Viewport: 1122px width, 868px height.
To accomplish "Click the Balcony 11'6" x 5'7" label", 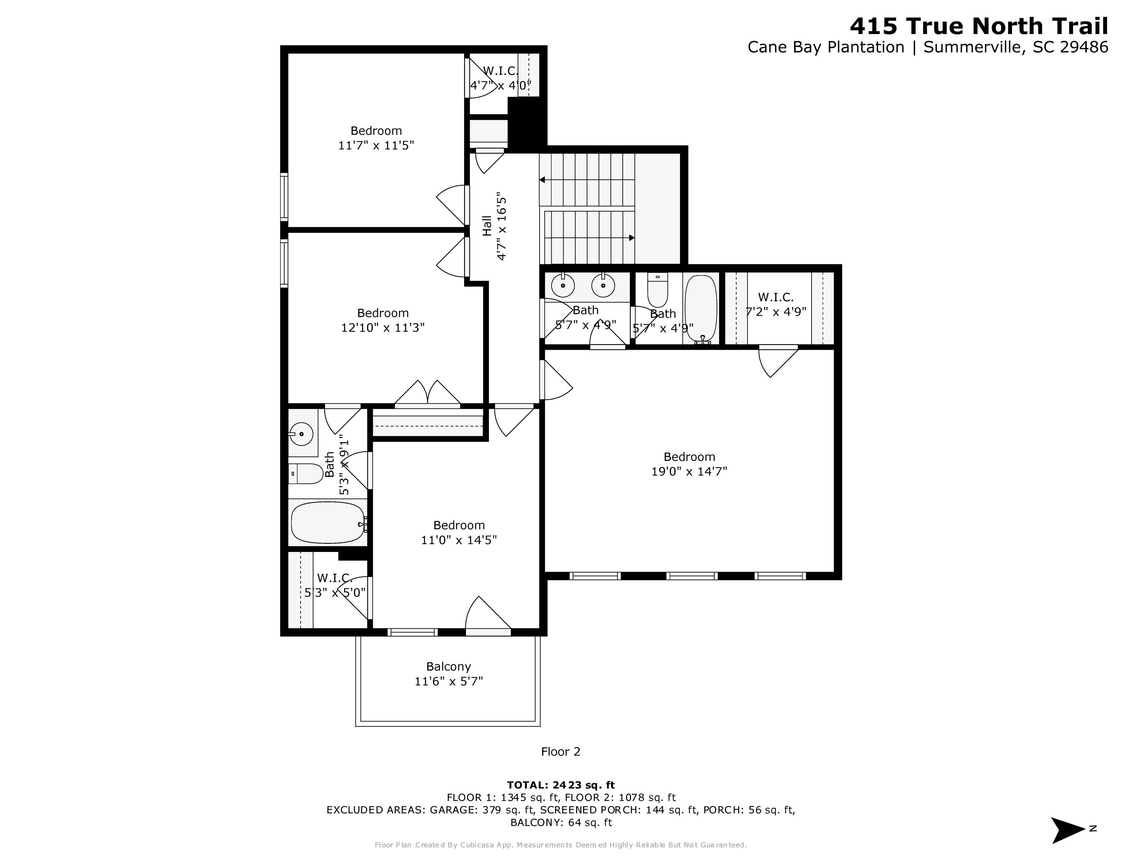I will (x=448, y=674).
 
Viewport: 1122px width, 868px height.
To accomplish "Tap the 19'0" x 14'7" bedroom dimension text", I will (x=689, y=471).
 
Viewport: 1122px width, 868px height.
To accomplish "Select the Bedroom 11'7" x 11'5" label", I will (x=376, y=138).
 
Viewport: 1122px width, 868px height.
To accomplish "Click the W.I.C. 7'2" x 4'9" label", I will (x=776, y=304).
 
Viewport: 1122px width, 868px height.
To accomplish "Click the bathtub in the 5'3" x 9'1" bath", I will (x=327, y=522).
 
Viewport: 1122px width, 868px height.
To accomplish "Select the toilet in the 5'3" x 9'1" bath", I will (x=306, y=474).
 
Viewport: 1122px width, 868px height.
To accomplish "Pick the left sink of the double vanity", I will (x=563, y=285).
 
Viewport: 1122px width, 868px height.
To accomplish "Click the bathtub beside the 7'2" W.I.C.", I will (x=701, y=307).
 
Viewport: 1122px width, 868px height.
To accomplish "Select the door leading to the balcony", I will (x=488, y=614).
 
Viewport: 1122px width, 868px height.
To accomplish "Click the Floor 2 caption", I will (x=561, y=752).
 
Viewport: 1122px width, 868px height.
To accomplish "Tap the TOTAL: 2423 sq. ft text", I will (x=561, y=785).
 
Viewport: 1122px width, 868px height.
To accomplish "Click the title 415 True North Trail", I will (x=979, y=26).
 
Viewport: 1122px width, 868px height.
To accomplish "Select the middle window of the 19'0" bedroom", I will (x=692, y=576).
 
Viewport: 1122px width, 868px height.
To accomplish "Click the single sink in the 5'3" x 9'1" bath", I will (x=301, y=434).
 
